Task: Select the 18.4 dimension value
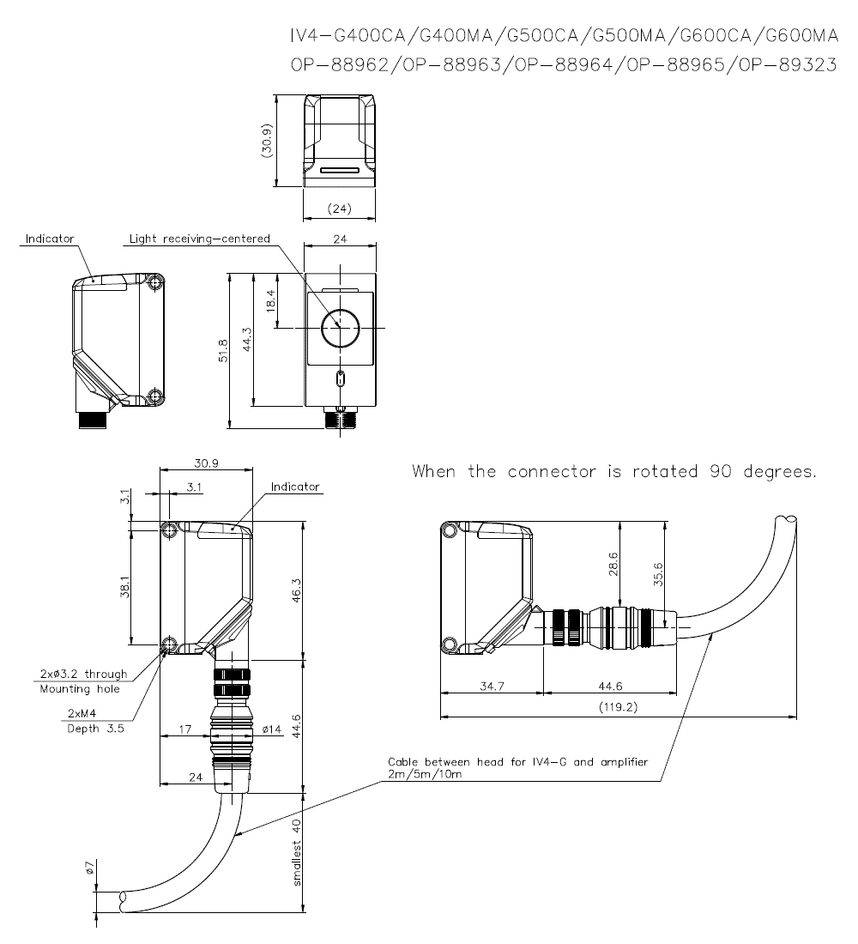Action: point(270,301)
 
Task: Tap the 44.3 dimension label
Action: point(247,340)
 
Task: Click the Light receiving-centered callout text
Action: point(199,239)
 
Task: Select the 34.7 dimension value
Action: point(490,686)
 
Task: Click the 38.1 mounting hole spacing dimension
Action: point(125,585)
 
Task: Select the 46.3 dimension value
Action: point(296,591)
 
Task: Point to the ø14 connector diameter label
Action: point(271,729)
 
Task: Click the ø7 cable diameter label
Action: point(90,869)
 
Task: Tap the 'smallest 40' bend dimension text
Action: point(297,852)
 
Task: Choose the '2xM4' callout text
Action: point(82,714)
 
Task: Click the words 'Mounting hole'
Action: point(80,688)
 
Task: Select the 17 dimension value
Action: point(184,729)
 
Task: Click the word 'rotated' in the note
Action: point(665,472)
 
